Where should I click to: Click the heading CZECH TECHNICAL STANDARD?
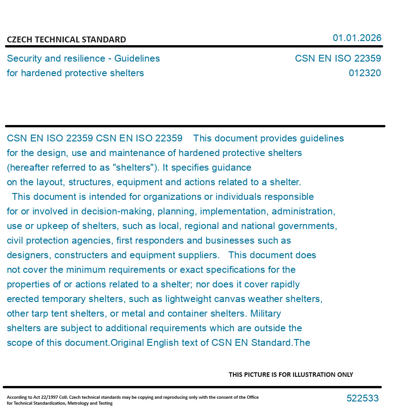[x=66, y=40]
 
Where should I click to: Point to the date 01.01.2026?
[x=357, y=38]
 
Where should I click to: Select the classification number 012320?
[x=364, y=73]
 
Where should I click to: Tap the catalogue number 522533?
[x=363, y=398]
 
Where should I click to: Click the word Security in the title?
[x=24, y=58]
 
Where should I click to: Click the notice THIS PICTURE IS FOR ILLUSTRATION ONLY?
[x=291, y=375]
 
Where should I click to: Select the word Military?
[x=266, y=313]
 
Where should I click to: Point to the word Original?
[x=127, y=343]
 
